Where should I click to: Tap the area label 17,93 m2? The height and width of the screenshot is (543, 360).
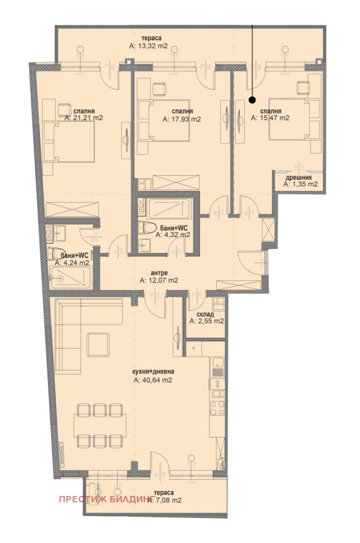[x=181, y=119]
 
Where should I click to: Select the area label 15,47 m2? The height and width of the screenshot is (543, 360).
[x=270, y=118]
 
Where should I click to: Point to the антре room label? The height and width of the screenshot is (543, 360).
[x=159, y=273]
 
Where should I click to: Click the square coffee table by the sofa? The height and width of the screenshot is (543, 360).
[x=98, y=345]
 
